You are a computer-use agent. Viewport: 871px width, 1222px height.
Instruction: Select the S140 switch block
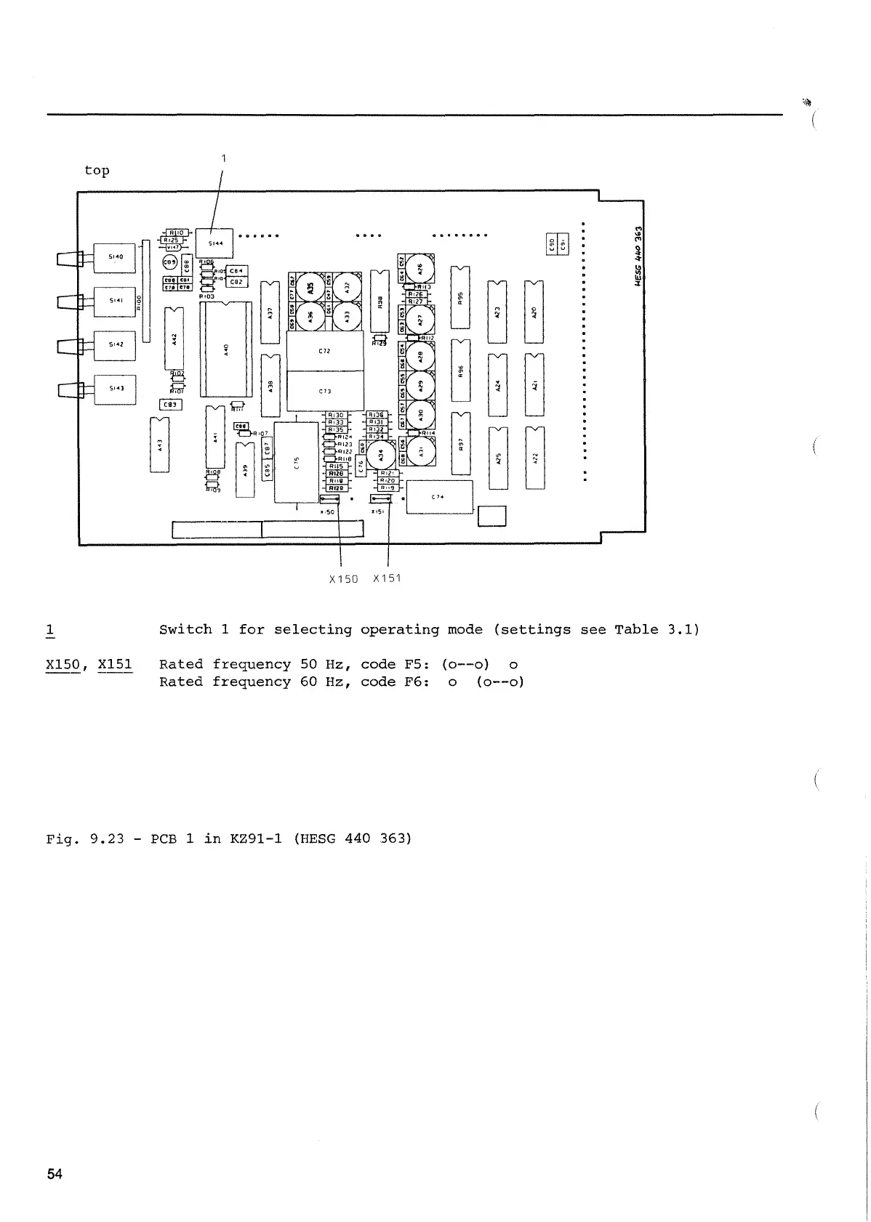tap(115, 257)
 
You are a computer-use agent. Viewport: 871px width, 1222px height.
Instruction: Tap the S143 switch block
tap(115, 389)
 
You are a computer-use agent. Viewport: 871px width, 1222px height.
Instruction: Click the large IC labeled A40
tap(226, 349)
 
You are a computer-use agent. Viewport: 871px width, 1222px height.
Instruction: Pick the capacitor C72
tap(325, 351)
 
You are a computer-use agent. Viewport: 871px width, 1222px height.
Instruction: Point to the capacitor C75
tap(296, 462)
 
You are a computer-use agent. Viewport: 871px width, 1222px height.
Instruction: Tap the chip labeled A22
tap(534, 457)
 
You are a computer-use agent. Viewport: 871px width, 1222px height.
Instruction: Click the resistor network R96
tap(460, 371)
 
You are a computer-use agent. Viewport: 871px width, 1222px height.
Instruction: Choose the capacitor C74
tap(439, 497)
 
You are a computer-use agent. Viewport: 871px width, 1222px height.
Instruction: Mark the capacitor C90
tap(551, 243)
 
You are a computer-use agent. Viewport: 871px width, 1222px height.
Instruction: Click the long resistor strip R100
tap(145, 291)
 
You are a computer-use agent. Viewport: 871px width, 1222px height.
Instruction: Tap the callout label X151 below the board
tap(387, 578)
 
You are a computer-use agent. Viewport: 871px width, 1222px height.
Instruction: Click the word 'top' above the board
tap(97, 170)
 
